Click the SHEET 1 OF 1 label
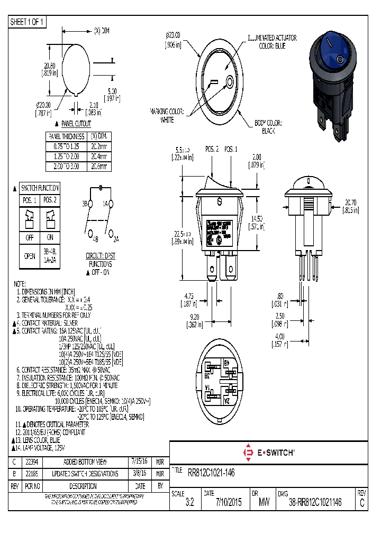pyautogui.click(x=28, y=22)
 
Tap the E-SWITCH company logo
pyautogui.click(x=268, y=453)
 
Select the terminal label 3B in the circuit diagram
pyautogui.click(x=85, y=204)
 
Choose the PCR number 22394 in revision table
pyautogui.click(x=32, y=461)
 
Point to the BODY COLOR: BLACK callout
pyautogui.click(x=268, y=126)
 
